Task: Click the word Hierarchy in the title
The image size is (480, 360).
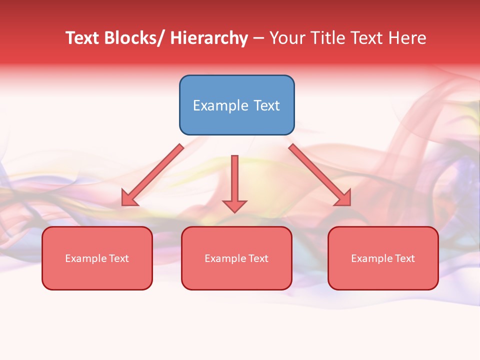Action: [x=208, y=38]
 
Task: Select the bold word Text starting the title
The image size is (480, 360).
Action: [x=82, y=38]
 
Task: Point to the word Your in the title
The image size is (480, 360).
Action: [x=287, y=38]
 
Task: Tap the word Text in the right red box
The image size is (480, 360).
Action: [x=404, y=258]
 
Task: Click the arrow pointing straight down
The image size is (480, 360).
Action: [x=234, y=180]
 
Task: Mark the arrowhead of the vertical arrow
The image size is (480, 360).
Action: [x=234, y=206]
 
